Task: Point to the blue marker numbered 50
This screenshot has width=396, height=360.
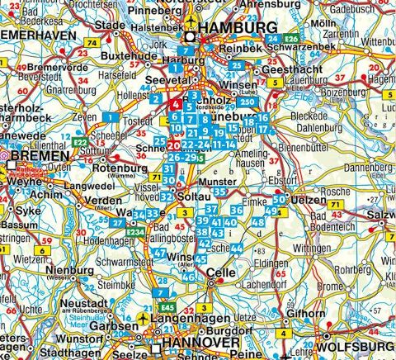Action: [x=279, y=199]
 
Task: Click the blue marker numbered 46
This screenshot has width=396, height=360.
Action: [x=188, y=276]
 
